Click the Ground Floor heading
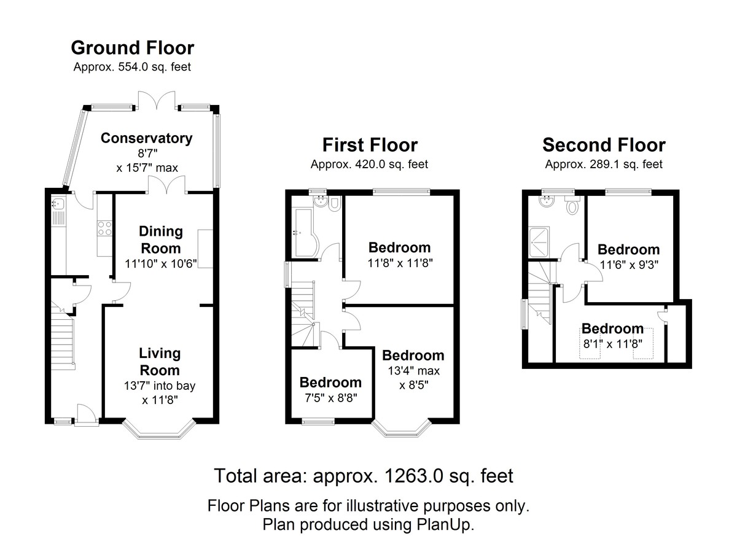133,48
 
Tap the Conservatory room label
146,138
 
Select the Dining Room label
161,239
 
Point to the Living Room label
160,362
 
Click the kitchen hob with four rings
104,228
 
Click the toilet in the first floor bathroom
334,206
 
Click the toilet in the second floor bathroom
573,207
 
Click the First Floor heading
370,145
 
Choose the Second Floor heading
603,145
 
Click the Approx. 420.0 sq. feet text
369,165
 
